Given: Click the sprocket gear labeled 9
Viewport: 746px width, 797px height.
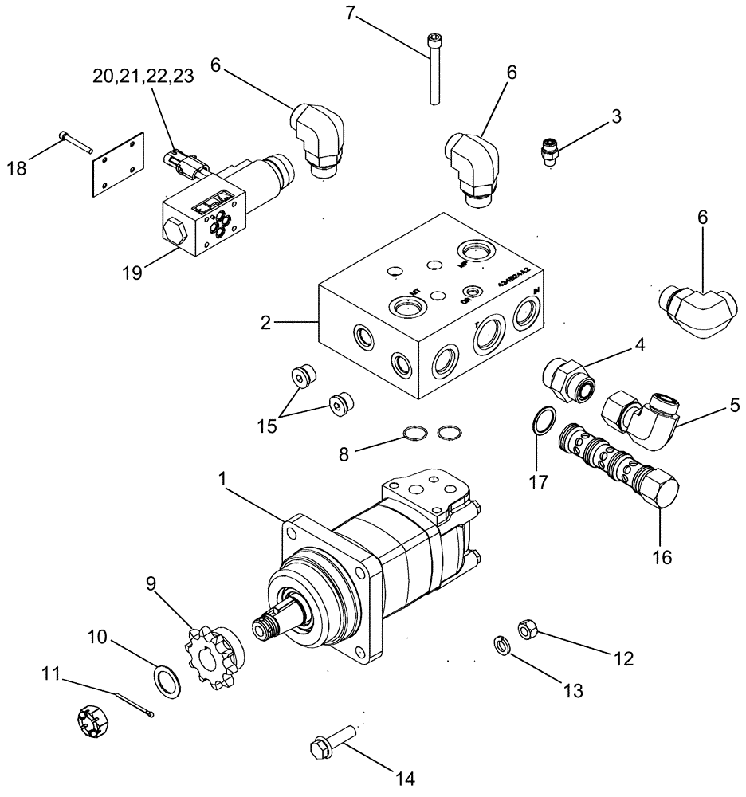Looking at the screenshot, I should pyautogui.click(x=214, y=646).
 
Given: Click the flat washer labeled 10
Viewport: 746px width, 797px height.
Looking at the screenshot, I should pyautogui.click(x=167, y=683).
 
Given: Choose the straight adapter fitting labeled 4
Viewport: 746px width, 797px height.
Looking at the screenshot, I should pyautogui.click(x=569, y=377).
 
